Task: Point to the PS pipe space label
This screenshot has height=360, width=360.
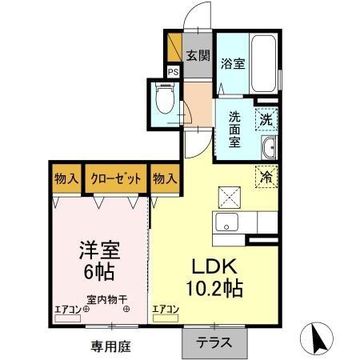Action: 173,70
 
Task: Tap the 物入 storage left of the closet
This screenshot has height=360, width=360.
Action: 66,178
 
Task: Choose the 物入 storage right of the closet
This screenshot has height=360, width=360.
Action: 164,178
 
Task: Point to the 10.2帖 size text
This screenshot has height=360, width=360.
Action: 214,287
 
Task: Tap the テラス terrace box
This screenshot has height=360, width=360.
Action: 214,343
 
